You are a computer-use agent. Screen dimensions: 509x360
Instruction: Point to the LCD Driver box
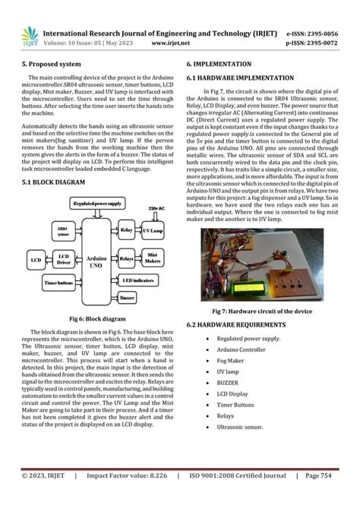coord(65,261)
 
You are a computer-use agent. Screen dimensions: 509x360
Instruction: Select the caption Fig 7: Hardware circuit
coord(261,311)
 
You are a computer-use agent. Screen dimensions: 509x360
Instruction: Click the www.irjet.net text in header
coord(170,43)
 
